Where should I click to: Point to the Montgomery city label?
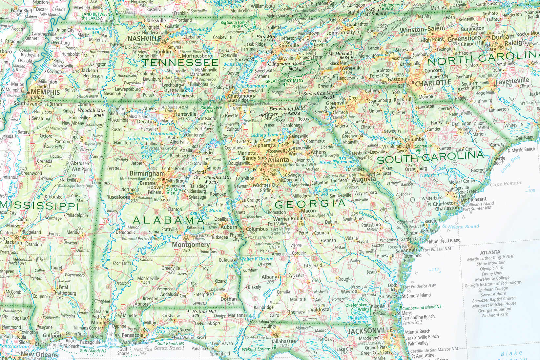[191, 245]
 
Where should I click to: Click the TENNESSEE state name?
[181, 62]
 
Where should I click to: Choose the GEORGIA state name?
[310, 204]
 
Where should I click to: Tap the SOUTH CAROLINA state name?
[430, 158]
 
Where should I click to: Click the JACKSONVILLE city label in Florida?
[370, 331]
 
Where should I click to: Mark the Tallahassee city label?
[283, 341]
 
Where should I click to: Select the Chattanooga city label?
[243, 96]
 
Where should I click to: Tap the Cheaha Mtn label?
[218, 177]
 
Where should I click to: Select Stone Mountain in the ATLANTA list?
[491, 263]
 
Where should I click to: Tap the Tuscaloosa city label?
[118, 197]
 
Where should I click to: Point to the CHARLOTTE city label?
[433, 83]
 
